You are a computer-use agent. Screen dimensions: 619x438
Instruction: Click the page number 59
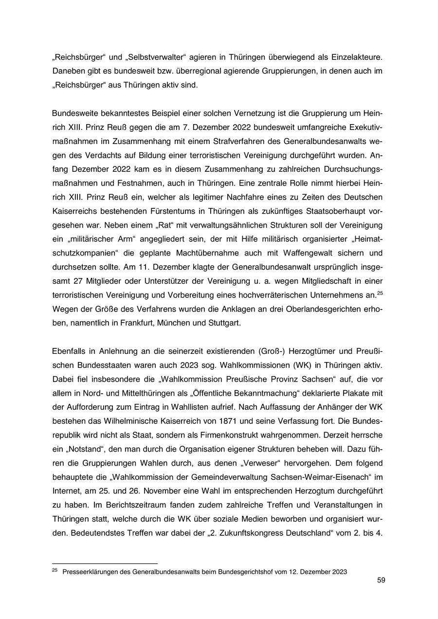click(381, 580)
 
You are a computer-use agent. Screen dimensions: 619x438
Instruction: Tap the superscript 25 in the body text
click(380, 292)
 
